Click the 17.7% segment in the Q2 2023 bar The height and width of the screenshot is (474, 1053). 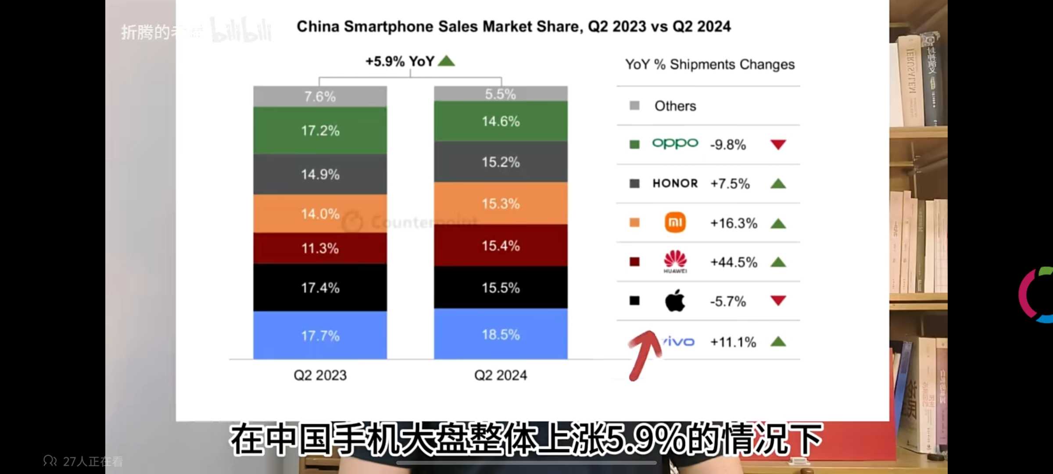coord(320,335)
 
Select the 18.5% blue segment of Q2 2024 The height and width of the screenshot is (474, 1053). coord(501,334)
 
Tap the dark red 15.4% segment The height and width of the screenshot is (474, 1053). coord(501,245)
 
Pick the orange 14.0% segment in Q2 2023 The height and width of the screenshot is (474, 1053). coord(320,214)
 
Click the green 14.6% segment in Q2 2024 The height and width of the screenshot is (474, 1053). coord(501,121)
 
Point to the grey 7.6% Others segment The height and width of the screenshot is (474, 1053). coord(320,97)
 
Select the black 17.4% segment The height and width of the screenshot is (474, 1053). coord(320,287)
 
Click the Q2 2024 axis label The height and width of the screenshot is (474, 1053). coord(501,375)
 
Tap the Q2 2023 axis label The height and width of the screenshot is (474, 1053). coord(320,375)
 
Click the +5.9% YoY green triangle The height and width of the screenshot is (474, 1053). coord(447,61)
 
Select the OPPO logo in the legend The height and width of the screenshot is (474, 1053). coord(675,144)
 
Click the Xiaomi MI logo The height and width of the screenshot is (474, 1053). coord(675,223)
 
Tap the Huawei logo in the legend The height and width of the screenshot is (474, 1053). coord(675,261)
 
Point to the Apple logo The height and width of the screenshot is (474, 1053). coord(675,301)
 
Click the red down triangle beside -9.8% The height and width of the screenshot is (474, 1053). coord(778,144)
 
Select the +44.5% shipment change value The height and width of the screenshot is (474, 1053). coord(734,262)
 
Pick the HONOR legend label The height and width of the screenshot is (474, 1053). coord(675,183)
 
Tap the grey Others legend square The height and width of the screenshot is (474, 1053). coord(634,105)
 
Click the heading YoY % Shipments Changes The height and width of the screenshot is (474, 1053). coord(709,65)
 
